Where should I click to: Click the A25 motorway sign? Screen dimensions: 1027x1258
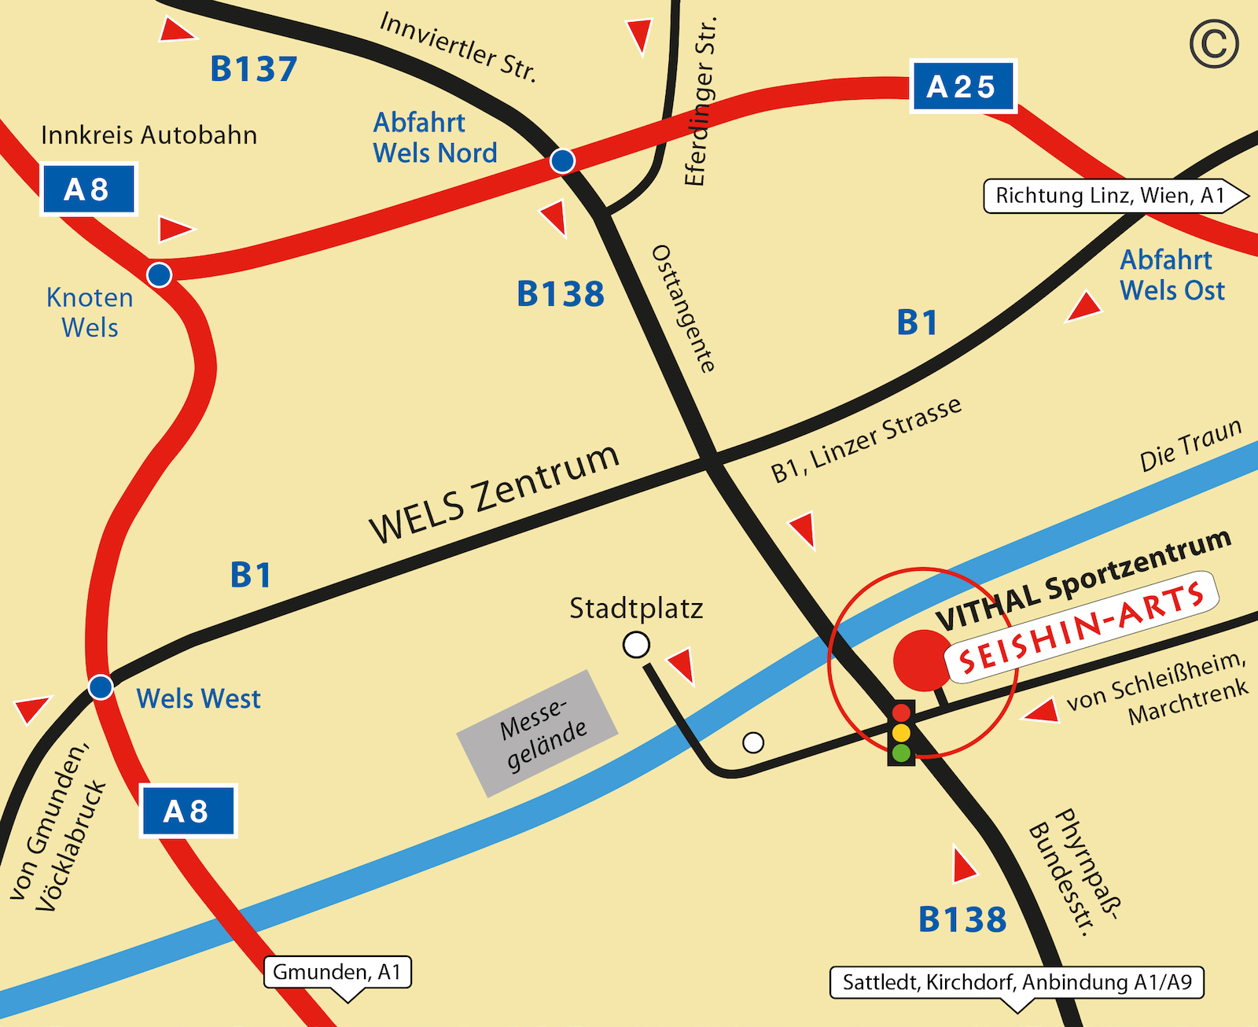962,87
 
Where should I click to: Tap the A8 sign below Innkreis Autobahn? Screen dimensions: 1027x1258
88,190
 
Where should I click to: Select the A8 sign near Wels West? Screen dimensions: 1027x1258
188,811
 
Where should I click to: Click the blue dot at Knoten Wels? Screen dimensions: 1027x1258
160,274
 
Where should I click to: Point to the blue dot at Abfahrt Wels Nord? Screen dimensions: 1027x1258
562,161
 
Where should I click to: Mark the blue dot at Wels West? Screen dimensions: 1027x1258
101,687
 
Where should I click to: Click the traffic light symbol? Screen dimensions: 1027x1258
901,733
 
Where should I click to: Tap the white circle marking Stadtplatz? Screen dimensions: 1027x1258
636,645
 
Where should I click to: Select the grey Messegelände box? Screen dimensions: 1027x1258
538,733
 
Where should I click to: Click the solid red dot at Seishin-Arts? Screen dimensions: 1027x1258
922,661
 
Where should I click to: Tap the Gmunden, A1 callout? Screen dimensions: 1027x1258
337,973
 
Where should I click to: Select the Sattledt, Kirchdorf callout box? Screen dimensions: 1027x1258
1017,983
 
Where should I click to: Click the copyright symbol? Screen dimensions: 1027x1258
1214,45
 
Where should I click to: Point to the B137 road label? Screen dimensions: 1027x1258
253,69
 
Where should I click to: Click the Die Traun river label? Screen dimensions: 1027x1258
1190,445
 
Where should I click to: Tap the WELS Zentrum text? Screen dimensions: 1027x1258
495,493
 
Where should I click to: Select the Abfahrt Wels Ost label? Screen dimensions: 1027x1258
1172,275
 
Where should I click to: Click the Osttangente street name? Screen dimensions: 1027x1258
683,308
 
